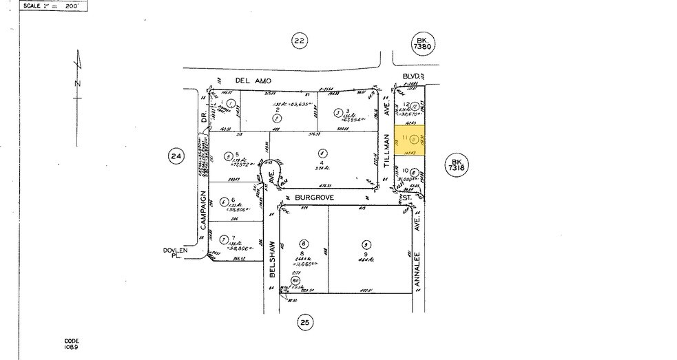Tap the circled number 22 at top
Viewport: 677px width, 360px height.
[298, 41]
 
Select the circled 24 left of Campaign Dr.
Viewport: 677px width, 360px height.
[176, 156]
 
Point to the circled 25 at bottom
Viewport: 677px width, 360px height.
[306, 321]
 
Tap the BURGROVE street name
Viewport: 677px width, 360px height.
[314, 198]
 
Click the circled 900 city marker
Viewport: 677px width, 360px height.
[295, 280]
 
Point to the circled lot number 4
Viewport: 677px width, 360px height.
[320, 153]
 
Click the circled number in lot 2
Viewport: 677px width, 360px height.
[276, 118]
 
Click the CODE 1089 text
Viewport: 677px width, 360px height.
[72, 343]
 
